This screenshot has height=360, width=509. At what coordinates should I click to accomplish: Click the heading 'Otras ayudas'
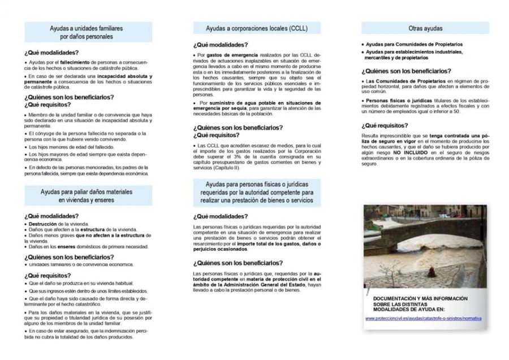point(425,28)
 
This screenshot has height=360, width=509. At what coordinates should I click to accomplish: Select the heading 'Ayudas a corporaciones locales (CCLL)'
point(256,28)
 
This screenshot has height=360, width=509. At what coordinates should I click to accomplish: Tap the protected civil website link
point(423,318)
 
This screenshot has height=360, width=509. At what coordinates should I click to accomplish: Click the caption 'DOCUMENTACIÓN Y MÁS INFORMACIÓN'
point(421,298)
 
